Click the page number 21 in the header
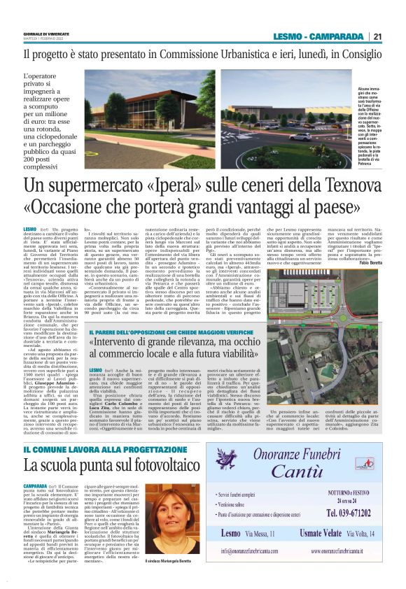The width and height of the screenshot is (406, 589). point(378,36)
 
